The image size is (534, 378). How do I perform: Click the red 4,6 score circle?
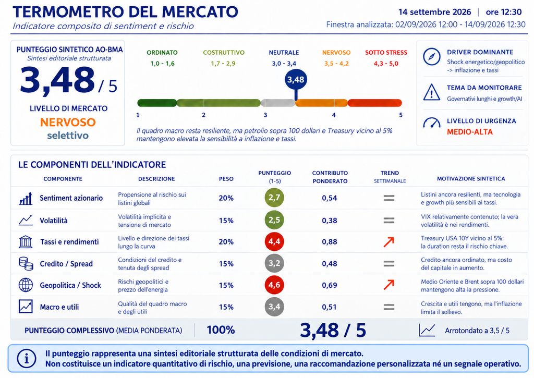point(274,285)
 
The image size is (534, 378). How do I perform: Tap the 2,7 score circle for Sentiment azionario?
point(274,198)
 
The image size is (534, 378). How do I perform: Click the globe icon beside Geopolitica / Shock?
point(26,285)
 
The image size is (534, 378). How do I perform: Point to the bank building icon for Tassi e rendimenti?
point(26,242)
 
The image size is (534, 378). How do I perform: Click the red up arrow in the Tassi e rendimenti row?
point(389,242)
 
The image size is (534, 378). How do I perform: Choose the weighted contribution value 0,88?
point(330,242)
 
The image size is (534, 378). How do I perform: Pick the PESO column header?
point(226,179)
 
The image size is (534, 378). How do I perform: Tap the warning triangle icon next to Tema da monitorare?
point(431,92)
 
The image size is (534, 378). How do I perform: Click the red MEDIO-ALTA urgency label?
point(470,132)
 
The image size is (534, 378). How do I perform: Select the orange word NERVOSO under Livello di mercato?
point(68,122)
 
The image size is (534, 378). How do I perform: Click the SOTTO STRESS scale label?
point(386,53)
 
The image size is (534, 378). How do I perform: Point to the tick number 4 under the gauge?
point(334,115)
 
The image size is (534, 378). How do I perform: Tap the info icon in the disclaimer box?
point(26,358)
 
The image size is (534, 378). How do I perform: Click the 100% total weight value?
point(221,330)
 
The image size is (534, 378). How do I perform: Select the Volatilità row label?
point(54,221)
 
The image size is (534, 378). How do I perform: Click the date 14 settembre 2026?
point(434,12)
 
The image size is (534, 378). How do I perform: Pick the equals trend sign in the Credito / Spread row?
point(389,264)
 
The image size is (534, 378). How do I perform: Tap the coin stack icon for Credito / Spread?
point(26,264)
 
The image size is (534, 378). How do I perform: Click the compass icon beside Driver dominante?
point(431,56)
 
